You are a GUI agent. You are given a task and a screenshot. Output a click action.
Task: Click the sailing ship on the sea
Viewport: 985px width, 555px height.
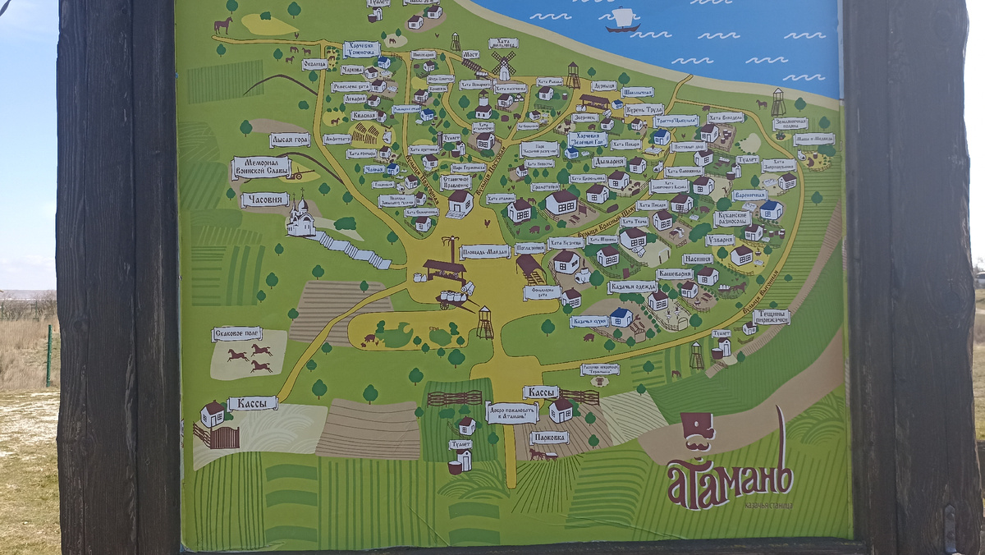click(623, 21)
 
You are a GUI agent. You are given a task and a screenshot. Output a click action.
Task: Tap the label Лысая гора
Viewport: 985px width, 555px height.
click(290, 140)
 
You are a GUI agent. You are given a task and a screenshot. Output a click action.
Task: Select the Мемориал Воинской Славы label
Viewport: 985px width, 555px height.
click(262, 167)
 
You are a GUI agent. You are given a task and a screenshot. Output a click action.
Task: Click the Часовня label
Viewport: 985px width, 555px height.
click(264, 200)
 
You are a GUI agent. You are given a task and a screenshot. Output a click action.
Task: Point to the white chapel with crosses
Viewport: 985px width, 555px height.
click(300, 218)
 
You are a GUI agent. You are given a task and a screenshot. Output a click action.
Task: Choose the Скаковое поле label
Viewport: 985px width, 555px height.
click(236, 333)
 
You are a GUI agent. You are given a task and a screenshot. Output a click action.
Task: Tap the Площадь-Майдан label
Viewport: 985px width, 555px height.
click(484, 251)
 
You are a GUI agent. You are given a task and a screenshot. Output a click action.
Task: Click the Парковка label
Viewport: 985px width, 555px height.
click(548, 438)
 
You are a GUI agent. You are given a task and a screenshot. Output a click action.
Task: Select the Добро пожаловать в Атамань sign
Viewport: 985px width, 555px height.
click(511, 412)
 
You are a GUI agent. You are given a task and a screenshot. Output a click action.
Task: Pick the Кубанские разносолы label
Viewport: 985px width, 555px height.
click(732, 218)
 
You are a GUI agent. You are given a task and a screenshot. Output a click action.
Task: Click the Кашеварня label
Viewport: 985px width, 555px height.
click(674, 273)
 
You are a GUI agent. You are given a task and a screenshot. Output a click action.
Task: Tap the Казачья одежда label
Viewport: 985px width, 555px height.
click(631, 287)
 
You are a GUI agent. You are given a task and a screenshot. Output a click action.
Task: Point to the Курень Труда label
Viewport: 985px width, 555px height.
click(644, 109)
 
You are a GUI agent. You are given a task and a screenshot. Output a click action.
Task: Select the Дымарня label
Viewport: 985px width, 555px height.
click(608, 162)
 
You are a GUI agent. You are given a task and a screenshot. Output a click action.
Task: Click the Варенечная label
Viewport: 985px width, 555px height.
click(749, 195)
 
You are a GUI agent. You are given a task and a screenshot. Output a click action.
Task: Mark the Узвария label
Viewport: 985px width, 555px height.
click(720, 240)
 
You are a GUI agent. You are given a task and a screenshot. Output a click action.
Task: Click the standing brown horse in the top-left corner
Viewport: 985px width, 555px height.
click(222, 25)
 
